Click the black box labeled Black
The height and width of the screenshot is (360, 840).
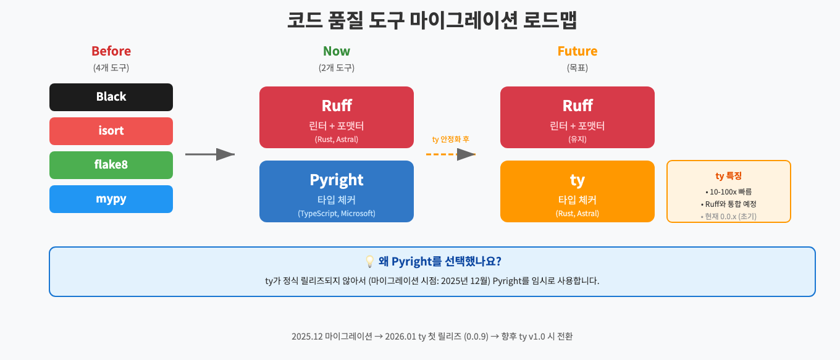click(111, 97)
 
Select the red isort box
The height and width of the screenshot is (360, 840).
click(111, 131)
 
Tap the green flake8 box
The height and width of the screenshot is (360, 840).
click(111, 165)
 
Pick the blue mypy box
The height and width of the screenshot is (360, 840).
click(111, 199)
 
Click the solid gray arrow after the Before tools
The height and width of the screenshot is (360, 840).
click(210, 154)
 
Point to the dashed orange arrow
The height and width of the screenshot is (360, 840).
click(451, 154)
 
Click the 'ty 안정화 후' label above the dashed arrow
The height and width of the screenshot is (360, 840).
click(451, 140)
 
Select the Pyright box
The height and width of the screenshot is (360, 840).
click(337, 191)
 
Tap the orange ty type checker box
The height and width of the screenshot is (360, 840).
click(577, 191)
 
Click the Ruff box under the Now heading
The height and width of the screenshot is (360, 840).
click(337, 117)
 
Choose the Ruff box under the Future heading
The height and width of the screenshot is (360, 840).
click(577, 117)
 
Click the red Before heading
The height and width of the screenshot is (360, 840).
click(111, 51)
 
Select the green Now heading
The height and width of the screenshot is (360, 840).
click(337, 51)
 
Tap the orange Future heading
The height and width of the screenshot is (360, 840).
click(577, 51)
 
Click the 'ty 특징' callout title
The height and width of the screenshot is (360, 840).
click(729, 176)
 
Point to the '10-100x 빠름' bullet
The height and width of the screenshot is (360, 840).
click(729, 191)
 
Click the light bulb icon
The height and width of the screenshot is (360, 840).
click(370, 262)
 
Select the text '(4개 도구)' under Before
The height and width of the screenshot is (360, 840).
click(111, 68)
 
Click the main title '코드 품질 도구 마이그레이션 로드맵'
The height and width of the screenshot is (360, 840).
click(432, 20)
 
